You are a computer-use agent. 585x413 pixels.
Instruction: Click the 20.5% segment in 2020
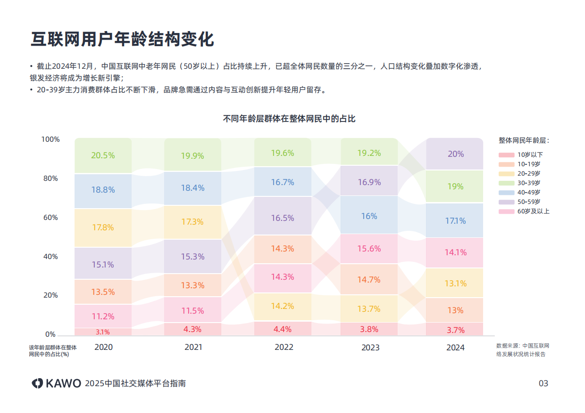click(x=103, y=155)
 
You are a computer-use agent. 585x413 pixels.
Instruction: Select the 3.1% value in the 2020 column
click(x=103, y=332)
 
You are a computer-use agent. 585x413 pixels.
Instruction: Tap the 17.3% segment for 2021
click(x=192, y=221)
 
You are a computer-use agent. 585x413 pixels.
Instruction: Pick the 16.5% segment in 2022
click(x=283, y=218)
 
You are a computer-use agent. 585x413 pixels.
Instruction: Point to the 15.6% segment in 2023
click(x=369, y=249)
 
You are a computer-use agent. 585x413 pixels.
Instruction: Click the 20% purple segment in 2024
click(x=455, y=154)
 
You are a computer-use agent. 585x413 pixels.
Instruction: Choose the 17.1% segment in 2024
click(x=455, y=220)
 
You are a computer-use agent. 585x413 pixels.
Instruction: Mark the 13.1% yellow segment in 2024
click(x=455, y=283)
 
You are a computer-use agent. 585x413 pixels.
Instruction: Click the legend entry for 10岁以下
click(x=524, y=154)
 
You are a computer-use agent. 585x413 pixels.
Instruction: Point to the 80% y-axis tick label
click(x=50, y=178)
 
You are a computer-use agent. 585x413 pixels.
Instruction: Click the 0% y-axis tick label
click(x=50, y=334)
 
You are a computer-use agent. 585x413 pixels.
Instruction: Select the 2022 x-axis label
click(x=284, y=348)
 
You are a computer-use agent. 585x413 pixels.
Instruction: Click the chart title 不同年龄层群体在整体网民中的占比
click(x=289, y=119)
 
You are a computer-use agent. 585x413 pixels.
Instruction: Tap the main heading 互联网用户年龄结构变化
click(x=122, y=40)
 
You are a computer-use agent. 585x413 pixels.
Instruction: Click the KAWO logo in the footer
click(x=57, y=383)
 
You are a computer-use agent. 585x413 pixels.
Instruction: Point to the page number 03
click(x=543, y=383)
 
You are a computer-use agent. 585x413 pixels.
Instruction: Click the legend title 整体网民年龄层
click(x=524, y=140)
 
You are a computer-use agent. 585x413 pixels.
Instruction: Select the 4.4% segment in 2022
click(x=283, y=329)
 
